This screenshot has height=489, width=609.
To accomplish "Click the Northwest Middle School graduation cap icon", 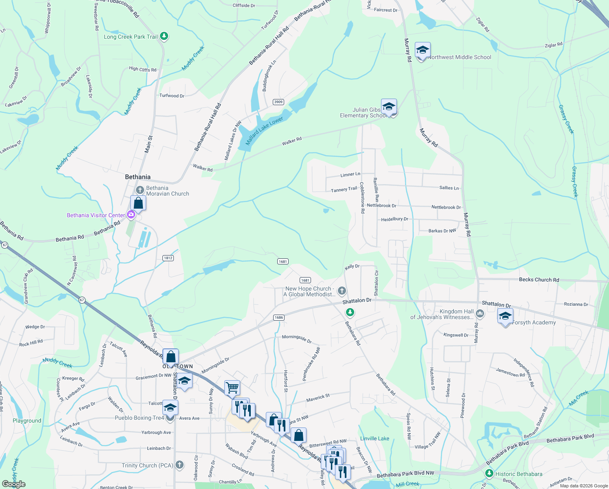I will point(423,51).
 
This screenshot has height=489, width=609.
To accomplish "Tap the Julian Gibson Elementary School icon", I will point(389,107).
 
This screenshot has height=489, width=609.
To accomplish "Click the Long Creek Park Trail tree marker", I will point(164,36).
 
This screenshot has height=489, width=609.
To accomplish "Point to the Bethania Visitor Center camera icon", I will point(131,214).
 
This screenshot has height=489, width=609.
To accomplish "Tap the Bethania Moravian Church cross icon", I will point(140,190).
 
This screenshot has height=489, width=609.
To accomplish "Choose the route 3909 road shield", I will point(278,102).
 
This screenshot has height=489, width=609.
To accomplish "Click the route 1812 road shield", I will point(168,258).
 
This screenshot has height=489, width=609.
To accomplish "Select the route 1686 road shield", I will point(278,317).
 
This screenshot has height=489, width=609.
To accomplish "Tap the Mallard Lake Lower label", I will point(264,131).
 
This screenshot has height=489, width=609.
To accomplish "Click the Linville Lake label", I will point(375,438).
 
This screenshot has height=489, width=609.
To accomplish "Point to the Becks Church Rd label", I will point(539,280).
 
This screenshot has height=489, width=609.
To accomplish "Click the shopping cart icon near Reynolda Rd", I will point(232,388).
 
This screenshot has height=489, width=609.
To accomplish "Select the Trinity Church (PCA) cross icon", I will point(180,465).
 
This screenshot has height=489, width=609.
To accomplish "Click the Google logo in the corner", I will point(13,484).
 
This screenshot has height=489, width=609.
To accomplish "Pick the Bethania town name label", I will point(138,177).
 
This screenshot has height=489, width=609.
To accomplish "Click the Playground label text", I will point(27,421).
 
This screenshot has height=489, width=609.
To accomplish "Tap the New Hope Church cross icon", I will point(342,291).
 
